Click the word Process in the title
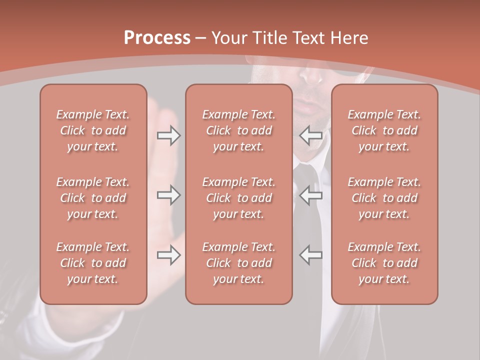(x=157, y=38)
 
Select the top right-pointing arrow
(x=168, y=135)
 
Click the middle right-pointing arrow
(x=168, y=195)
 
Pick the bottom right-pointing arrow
(x=168, y=255)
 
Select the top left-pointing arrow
(x=310, y=135)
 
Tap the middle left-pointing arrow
(x=310, y=195)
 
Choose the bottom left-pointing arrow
(x=310, y=255)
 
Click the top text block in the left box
(x=93, y=130)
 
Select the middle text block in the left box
(x=93, y=198)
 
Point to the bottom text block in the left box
(x=93, y=263)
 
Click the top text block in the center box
(x=239, y=130)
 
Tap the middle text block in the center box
(x=239, y=198)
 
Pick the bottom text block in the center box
(x=239, y=263)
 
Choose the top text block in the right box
(x=384, y=130)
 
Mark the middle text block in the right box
(x=384, y=198)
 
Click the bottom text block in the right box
(x=384, y=263)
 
